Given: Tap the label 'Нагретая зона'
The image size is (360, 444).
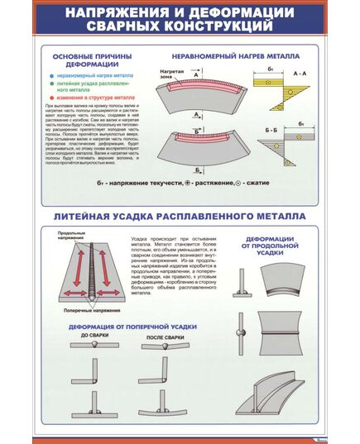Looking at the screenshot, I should tap(171, 77).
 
